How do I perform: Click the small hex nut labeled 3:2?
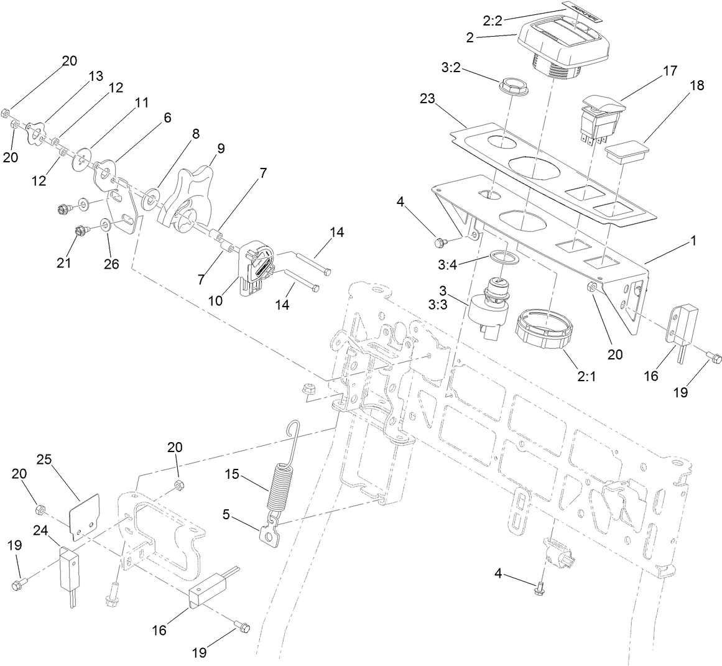(x=513, y=87)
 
